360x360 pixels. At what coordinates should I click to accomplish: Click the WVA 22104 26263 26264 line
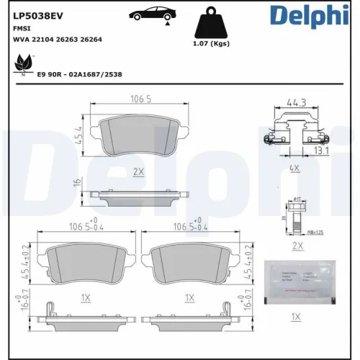coord(57,39)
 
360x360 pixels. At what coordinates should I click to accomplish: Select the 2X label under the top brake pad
coord(138,172)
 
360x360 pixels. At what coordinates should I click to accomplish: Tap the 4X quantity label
coord(294,167)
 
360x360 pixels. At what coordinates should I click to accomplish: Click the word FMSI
coord(21,27)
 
